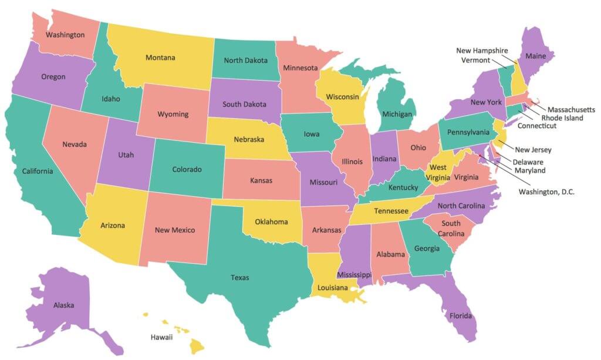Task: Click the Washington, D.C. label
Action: [546, 191]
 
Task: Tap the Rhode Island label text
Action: [562, 118]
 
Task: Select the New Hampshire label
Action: [482, 51]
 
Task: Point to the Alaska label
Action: [63, 305]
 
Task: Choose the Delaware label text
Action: [528, 162]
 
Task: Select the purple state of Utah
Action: [126, 155]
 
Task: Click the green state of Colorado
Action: [187, 169]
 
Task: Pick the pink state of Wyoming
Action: [173, 113]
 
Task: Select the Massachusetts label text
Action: [571, 109]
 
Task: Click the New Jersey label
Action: [533, 150]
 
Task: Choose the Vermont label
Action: [474, 60]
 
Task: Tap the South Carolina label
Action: [451, 228]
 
